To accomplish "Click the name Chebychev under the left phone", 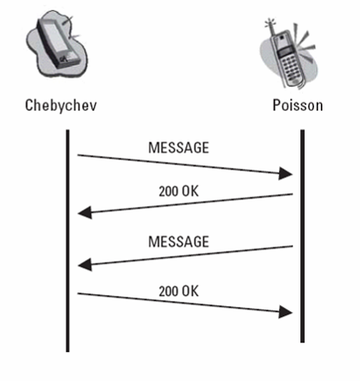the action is tap(61, 106).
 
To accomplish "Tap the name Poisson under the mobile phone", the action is tap(298, 105).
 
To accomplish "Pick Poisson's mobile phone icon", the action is tap(288, 54).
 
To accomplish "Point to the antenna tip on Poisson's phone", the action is tap(268, 20).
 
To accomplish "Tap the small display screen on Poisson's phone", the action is tap(285, 52).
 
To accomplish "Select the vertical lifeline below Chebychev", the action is tap(67, 241).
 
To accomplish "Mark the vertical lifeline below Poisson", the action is tap(302, 236).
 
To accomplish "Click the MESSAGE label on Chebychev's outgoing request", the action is tap(178, 147).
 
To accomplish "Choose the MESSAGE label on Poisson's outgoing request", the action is tap(178, 241).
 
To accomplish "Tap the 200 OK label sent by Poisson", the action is tap(178, 191).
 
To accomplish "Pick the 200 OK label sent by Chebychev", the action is tap(178, 292).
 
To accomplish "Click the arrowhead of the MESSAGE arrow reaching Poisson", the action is tap(286, 173).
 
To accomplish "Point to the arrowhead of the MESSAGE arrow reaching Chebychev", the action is tap(84, 265).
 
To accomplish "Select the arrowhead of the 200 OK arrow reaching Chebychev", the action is tap(84, 213).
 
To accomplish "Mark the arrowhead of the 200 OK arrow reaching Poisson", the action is tap(286, 312).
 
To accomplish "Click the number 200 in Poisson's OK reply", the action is tap(168, 191).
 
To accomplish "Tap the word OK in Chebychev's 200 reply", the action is tap(190, 292).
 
